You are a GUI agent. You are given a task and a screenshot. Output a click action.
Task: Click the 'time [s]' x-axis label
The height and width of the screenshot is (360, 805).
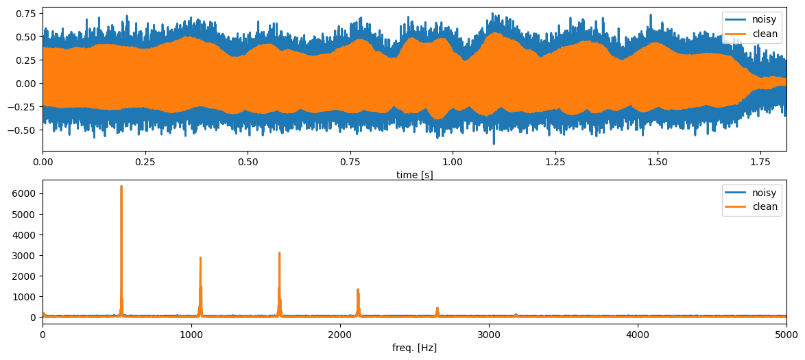click(x=414, y=175)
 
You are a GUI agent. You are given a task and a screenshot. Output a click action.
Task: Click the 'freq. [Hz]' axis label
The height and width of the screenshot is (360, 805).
click(x=414, y=348)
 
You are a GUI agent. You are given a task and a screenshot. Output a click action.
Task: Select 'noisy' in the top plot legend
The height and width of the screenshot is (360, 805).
click(x=763, y=19)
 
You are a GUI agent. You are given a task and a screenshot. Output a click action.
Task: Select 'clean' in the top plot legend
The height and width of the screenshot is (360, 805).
click(x=763, y=33)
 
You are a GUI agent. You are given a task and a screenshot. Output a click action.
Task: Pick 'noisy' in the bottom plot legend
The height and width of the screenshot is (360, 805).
click(x=765, y=193)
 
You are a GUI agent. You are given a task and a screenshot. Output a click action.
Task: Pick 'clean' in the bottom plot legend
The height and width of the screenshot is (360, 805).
click(x=765, y=206)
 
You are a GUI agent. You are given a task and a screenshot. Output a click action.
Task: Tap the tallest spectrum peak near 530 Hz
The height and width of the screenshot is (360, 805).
click(x=121, y=187)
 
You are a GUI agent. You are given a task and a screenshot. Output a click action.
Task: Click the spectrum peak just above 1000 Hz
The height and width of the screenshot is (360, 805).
click(x=200, y=259)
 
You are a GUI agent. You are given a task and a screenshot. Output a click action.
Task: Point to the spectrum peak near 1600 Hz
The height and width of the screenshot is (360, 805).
click(x=279, y=253)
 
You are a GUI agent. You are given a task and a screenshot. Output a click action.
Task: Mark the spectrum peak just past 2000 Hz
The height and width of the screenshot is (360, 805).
click(x=358, y=289)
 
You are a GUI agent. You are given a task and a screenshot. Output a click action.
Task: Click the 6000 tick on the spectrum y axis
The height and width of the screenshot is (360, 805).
click(x=25, y=194)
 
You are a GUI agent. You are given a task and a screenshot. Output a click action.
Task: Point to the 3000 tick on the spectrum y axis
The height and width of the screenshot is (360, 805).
click(x=25, y=256)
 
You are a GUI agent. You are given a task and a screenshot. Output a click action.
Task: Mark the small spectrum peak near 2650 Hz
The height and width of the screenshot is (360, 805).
click(x=437, y=308)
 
